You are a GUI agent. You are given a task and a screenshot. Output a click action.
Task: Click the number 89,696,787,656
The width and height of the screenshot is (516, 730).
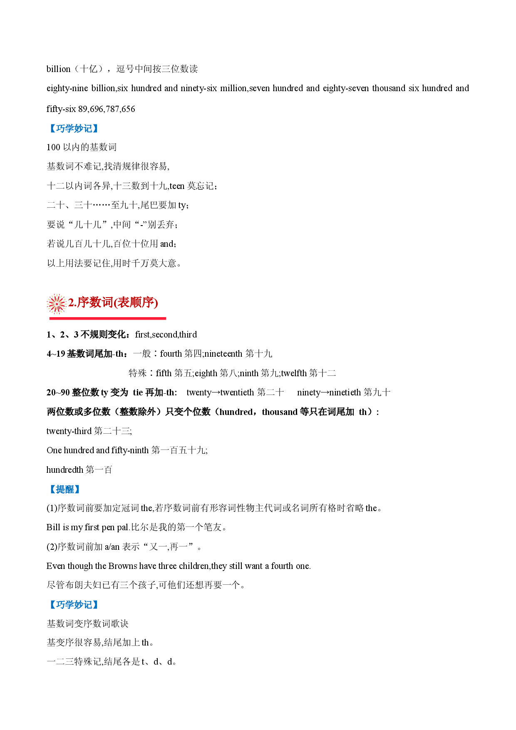coord(107,109)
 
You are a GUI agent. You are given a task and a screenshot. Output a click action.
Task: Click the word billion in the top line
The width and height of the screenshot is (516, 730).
coord(58,69)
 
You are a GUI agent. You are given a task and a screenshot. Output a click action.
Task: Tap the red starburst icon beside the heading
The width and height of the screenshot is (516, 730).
coord(57,303)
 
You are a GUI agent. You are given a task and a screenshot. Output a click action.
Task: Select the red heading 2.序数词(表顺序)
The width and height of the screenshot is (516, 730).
coord(113,303)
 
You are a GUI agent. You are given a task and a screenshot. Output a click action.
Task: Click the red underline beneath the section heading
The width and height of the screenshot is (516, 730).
coord(108,318)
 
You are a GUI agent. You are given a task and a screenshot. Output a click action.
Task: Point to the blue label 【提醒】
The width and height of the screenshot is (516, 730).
coord(64,489)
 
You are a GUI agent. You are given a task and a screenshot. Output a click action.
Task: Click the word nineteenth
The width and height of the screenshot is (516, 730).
coord(223,354)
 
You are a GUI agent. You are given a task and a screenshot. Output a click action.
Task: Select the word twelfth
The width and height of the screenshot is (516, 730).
coord(294,373)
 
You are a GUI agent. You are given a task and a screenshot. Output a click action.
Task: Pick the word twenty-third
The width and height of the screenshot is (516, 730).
coord(69,431)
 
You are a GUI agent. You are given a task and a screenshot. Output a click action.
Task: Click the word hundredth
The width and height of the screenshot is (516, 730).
coord(65,470)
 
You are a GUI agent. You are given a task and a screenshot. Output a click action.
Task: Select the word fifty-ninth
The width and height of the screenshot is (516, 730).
coord(130,450)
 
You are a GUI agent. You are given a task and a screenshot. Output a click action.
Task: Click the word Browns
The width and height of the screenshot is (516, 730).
coord(123,566)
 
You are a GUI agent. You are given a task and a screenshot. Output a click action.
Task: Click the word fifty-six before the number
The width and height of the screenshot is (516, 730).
coord(61,109)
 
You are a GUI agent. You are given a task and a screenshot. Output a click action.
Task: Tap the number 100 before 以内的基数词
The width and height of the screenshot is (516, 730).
coord(53,147)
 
